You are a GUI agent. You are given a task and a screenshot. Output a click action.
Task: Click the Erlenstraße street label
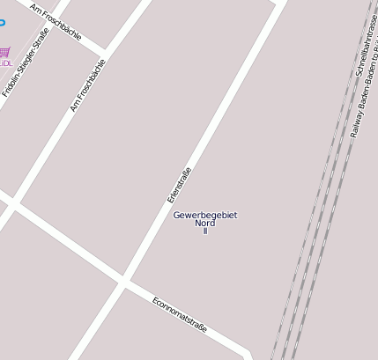pyautogui.click(x=180, y=185)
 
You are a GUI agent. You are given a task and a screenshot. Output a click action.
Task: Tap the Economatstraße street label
pyautogui.click(x=180, y=314)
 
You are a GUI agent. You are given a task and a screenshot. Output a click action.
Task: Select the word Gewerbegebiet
pyautogui.click(x=205, y=215)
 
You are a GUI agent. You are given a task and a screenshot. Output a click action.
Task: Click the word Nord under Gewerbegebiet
pyautogui.click(x=205, y=223)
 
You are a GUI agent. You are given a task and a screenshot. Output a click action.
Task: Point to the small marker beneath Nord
pyautogui.click(x=205, y=231)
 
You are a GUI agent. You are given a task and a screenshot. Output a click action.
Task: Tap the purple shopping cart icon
pyautogui.click(x=5, y=53)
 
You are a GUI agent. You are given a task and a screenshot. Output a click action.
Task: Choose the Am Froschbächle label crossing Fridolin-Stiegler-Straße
pyautogui.click(x=56, y=22)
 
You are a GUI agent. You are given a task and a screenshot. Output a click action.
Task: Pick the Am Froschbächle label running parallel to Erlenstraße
pyautogui.click(x=88, y=85)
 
